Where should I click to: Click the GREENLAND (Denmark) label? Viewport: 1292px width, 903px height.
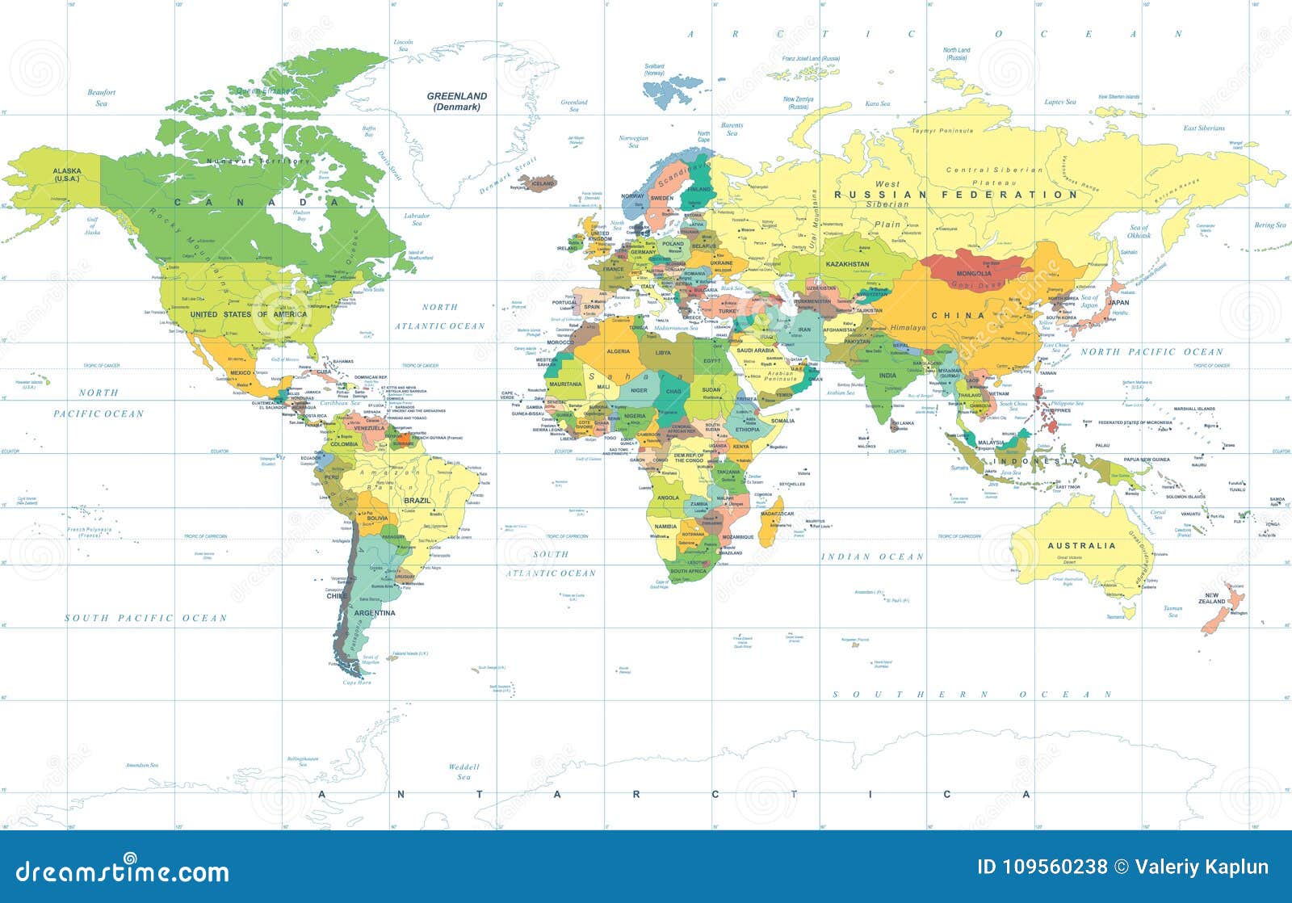pyautogui.click(x=457, y=101)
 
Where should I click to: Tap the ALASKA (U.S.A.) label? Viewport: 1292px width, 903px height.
pyautogui.click(x=67, y=174)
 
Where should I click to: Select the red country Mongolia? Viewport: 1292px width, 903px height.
pyautogui.click(x=973, y=270)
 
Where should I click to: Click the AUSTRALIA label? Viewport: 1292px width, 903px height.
pyautogui.click(x=1080, y=546)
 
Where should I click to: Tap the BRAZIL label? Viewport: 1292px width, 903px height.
pyautogui.click(x=417, y=501)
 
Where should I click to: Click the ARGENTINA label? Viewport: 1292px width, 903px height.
pyautogui.click(x=375, y=613)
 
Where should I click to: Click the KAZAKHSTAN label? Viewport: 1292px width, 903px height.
pyautogui.click(x=847, y=264)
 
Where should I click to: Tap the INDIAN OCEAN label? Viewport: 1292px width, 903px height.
pyautogui.click(x=872, y=556)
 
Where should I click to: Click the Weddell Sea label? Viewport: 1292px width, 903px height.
pyautogui.click(x=464, y=771)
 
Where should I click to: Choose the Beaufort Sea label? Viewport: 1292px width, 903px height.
pyautogui.click(x=102, y=98)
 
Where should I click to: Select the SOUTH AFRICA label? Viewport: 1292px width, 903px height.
pyautogui.click(x=688, y=571)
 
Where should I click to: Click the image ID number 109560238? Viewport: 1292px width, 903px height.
pyautogui.click(x=1055, y=867)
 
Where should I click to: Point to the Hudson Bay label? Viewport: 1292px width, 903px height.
pyautogui.click(x=303, y=216)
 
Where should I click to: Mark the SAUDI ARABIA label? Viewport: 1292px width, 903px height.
pyautogui.click(x=756, y=351)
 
